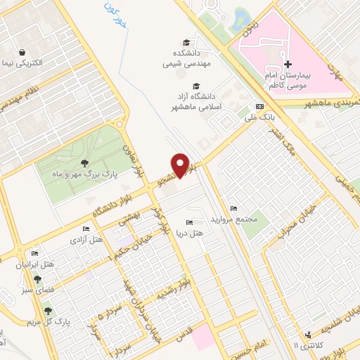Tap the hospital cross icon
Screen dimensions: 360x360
coord(288,64)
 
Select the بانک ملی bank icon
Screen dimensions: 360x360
coord(260,106)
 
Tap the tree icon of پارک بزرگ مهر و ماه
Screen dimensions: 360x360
coord(84,162)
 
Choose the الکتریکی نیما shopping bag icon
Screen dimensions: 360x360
coord(22,53)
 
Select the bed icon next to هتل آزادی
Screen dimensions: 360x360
coord(86,229)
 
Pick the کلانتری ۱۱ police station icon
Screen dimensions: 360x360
coord(307,335)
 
